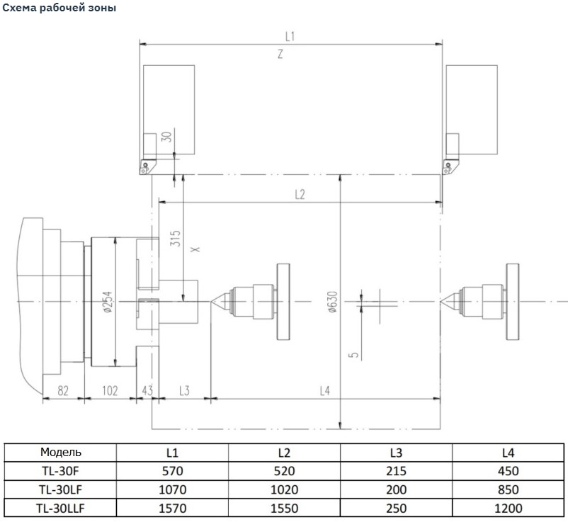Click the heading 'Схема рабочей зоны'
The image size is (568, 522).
(59, 8)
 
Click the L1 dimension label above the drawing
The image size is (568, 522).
(289, 35)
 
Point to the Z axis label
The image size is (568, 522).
(280, 55)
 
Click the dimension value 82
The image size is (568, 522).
(62, 390)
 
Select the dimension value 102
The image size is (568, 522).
(109, 390)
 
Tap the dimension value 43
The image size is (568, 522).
(147, 390)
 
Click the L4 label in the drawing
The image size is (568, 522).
(324, 390)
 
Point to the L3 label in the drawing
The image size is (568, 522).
(183, 390)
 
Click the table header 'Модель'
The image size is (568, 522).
(61, 453)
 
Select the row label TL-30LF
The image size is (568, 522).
(61, 489)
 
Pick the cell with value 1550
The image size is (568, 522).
(284, 508)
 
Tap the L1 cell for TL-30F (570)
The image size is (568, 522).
(172, 471)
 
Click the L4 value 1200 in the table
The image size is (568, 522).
(509, 508)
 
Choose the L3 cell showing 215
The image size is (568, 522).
(397, 471)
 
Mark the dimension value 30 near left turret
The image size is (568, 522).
(167, 137)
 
